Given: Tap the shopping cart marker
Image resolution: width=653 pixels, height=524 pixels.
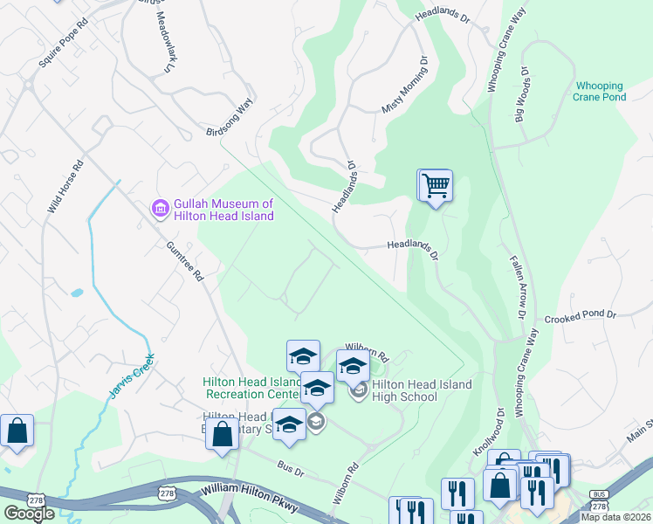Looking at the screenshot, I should [x=435, y=185].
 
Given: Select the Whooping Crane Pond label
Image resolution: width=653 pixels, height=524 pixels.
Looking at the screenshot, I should [x=599, y=92].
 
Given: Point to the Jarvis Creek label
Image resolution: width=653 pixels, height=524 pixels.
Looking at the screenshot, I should [x=132, y=376].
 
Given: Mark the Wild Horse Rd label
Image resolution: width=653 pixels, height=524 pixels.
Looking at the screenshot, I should [x=66, y=187].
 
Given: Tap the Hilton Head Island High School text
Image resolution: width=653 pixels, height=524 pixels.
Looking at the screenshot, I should [x=421, y=390].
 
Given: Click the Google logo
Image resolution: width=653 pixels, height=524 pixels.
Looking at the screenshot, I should [x=29, y=514].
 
